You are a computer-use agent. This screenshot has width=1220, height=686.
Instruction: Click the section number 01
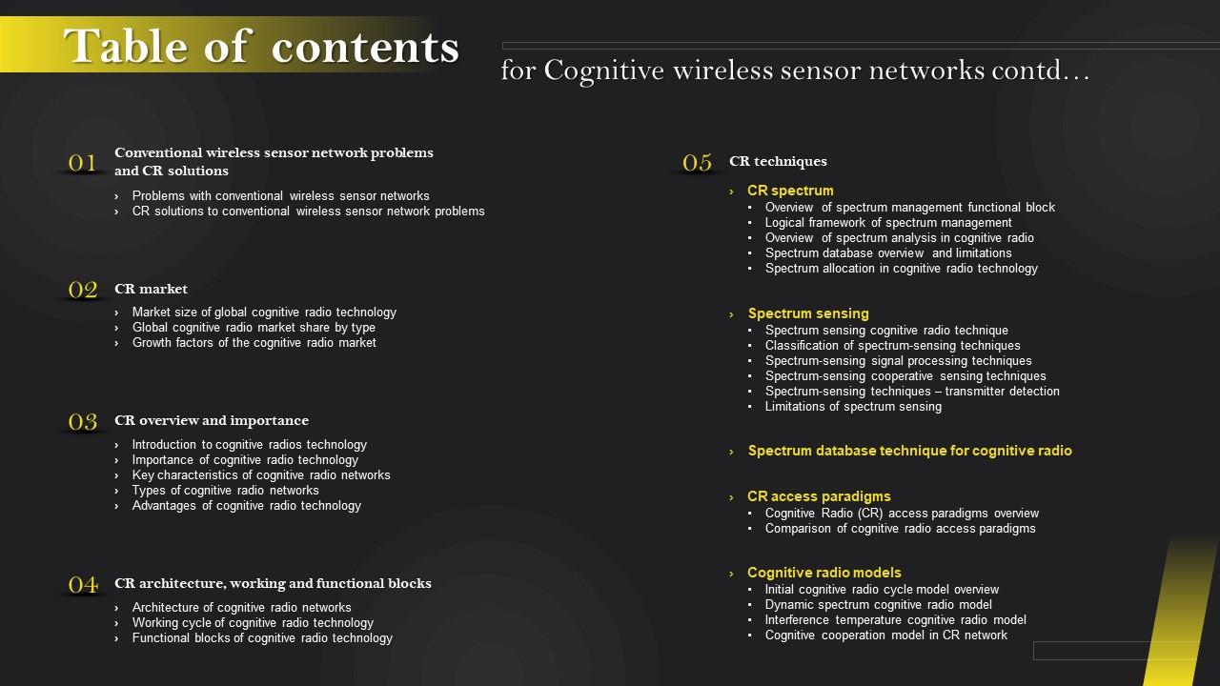[x=83, y=163]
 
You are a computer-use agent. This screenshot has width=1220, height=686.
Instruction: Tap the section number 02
[x=83, y=290]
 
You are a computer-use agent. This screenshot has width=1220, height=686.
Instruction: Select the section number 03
[x=83, y=421]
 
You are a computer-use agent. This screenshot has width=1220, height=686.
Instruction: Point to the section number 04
[x=83, y=584]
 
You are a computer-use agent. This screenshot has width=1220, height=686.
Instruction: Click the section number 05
[x=698, y=162]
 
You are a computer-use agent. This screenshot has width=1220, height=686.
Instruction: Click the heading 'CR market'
[x=151, y=289]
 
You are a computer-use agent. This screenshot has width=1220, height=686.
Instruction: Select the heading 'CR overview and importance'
[x=212, y=420]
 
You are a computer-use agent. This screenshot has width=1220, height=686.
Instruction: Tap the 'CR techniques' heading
[x=778, y=161]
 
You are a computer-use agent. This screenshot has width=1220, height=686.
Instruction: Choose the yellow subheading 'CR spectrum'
[x=790, y=191]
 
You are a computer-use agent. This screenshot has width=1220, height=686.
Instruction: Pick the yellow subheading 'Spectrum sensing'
[x=808, y=313]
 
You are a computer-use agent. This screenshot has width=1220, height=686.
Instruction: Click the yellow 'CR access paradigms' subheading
[x=819, y=496]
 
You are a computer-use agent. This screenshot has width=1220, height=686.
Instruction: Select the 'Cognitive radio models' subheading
[x=823, y=573]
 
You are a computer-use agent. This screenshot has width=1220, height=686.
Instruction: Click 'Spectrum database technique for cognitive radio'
[x=909, y=451]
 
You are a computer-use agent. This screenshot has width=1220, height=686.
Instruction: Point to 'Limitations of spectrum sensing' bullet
[x=853, y=407]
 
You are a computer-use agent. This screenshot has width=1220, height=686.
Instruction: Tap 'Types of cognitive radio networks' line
[x=225, y=491]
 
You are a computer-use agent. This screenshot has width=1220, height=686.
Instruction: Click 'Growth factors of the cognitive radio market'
[x=254, y=343]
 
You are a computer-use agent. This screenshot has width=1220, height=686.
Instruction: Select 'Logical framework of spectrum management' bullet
[x=888, y=223]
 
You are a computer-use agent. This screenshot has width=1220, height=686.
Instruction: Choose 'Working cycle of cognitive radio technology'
[x=253, y=623]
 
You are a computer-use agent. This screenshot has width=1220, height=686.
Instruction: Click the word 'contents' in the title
[x=365, y=46]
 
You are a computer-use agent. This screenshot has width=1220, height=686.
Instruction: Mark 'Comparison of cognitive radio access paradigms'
[x=900, y=529]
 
